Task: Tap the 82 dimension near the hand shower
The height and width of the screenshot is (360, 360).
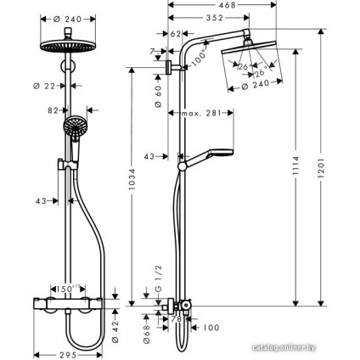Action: [53, 110]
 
